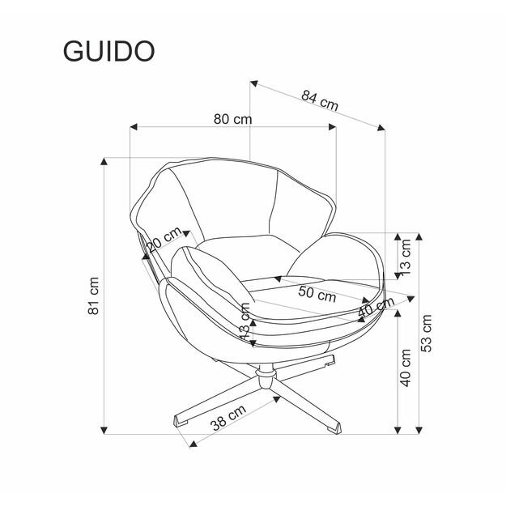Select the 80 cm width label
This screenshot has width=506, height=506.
point(232,119)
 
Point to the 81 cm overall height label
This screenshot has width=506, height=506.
point(94,296)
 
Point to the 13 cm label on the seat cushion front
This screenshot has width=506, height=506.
point(244,321)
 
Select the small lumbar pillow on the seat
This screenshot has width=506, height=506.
point(210,269)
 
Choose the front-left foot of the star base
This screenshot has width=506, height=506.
point(180,419)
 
